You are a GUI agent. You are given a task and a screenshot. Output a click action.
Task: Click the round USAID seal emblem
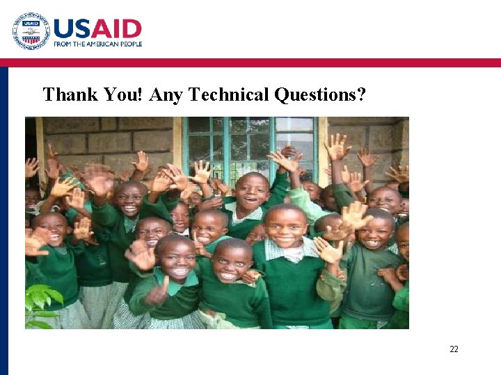(x=31, y=31)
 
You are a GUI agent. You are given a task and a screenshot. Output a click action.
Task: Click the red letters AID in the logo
(x=116, y=28)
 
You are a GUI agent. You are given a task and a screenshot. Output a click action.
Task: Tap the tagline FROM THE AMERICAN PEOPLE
(x=98, y=44)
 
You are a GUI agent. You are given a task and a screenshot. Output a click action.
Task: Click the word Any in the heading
(x=165, y=94)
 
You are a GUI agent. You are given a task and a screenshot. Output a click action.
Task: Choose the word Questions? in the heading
(x=320, y=94)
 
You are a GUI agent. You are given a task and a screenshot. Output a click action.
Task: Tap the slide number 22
(x=454, y=349)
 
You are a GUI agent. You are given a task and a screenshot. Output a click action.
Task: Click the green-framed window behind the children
(x=250, y=142)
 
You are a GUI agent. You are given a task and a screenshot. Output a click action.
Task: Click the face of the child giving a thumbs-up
(x=177, y=258)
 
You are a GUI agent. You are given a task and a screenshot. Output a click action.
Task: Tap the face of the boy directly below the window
(x=252, y=192)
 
